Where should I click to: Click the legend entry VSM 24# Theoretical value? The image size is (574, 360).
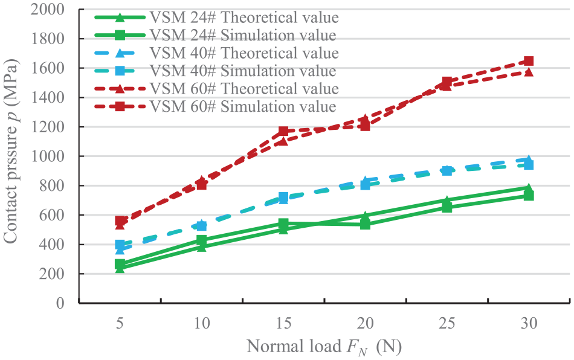point(217,17)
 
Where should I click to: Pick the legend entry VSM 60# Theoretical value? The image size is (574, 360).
point(217,89)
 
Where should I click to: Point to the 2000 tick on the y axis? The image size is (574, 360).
point(48,9)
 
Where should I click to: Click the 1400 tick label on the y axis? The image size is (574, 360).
point(48,97)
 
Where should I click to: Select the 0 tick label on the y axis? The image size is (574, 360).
point(60,303)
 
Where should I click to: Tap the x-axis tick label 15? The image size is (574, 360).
point(283,323)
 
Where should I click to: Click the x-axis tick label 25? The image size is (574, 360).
point(447,323)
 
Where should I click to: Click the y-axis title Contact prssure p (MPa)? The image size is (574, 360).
point(11,152)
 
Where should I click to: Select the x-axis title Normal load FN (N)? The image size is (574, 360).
point(324,347)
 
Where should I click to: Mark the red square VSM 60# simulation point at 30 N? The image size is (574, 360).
point(529,61)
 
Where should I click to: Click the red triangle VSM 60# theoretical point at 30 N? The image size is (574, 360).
point(529,71)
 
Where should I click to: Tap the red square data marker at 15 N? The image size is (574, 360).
point(283,131)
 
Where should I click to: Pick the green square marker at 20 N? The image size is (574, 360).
point(365,224)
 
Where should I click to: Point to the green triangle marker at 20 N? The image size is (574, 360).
point(365,216)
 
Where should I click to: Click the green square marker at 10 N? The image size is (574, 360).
point(201,240)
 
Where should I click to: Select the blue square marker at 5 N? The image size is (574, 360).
point(120,245)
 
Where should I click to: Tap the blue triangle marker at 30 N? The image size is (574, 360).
point(529,159)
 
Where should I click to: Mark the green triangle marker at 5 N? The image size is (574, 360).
point(120,268)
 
